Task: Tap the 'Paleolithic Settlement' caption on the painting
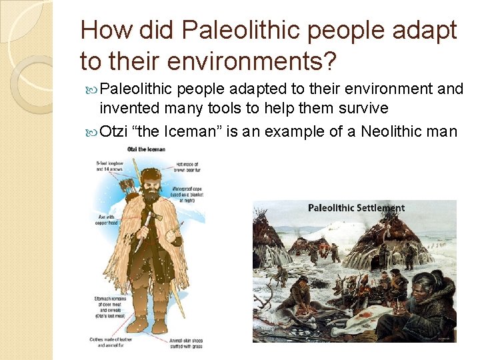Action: pos(356,208)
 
